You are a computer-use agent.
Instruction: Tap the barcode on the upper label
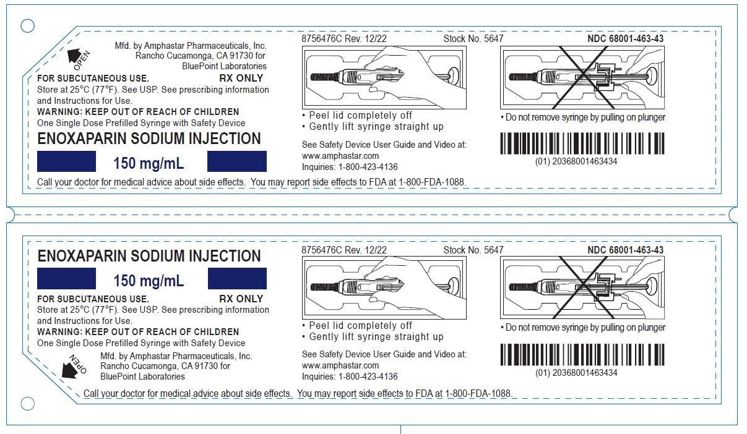[582, 143]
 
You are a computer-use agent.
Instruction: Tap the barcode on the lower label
[582, 355]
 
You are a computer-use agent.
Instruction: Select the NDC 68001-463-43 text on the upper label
[625, 38]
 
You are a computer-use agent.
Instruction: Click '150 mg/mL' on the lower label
[149, 281]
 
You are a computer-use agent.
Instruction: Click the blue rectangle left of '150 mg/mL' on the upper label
[66, 161]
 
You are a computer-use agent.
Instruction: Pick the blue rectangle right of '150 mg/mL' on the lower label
[237, 278]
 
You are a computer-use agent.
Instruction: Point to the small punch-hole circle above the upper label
[27, 25]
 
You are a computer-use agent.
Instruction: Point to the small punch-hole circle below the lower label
[27, 404]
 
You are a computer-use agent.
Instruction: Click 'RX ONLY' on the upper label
[241, 79]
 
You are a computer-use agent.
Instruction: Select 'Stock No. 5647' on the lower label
[473, 250]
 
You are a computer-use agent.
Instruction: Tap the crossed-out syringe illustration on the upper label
[582, 78]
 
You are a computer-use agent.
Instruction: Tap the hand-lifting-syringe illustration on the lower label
[384, 287]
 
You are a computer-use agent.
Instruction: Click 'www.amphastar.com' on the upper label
[340, 156]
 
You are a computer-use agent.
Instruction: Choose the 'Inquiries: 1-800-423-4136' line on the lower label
[350, 377]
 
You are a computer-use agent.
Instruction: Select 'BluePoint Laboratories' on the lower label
[142, 377]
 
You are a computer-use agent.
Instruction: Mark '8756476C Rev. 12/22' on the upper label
[344, 38]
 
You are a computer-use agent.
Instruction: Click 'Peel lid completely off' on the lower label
[360, 325]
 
